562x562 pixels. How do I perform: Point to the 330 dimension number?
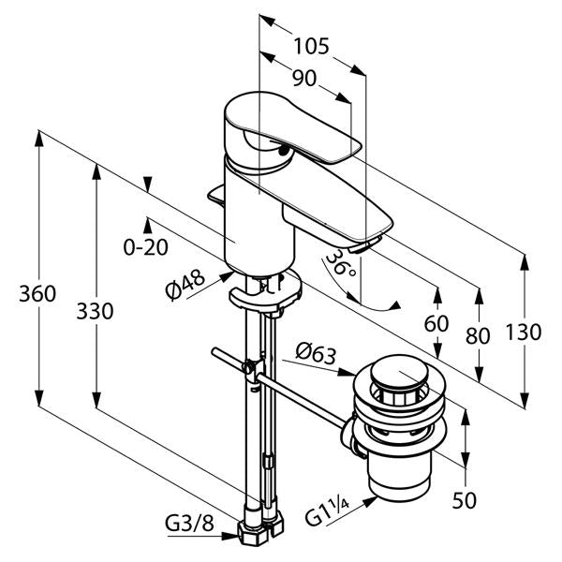click(95, 310)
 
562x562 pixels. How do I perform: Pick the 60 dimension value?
click(436, 324)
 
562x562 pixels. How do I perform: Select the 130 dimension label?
click(525, 331)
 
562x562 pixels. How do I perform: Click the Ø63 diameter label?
click(316, 353)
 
